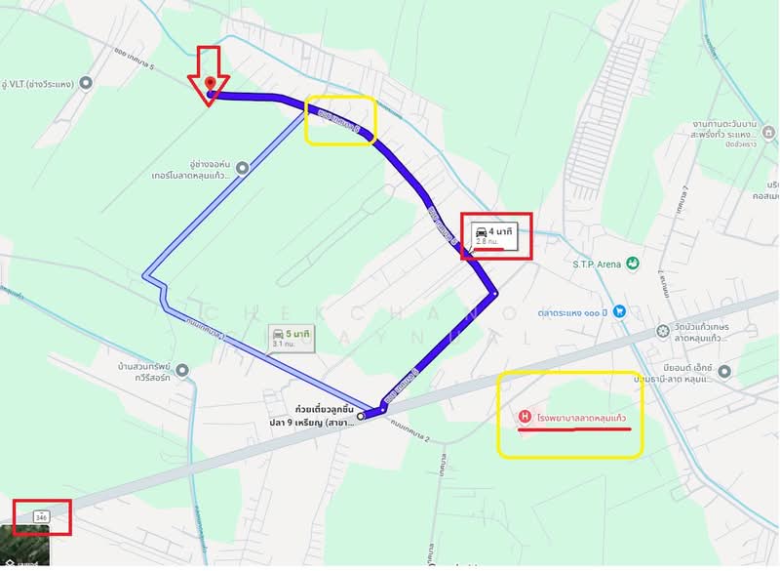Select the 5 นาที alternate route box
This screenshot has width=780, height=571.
pyautogui.click(x=292, y=338)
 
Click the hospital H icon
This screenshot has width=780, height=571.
pyautogui.click(x=525, y=417)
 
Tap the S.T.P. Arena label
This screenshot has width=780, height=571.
pyautogui.click(x=594, y=264)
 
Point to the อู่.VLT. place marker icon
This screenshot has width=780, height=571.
pyautogui.click(x=86, y=83)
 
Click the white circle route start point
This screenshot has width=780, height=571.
pyautogui.click(x=361, y=416)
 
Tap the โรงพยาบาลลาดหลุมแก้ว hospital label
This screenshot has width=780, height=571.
pyautogui.click(x=582, y=418)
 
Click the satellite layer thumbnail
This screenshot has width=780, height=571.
pyautogui.click(x=23, y=549)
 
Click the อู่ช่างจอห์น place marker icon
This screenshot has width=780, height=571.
pyautogui.click(x=242, y=168)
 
